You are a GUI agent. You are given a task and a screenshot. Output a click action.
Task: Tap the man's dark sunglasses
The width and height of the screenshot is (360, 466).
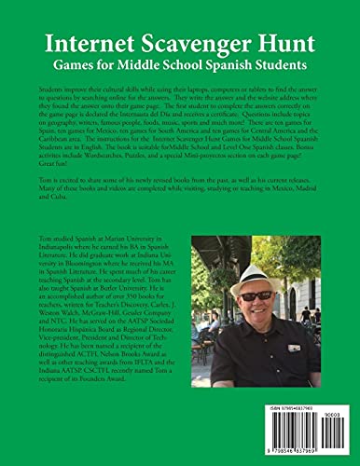click(257, 295)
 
